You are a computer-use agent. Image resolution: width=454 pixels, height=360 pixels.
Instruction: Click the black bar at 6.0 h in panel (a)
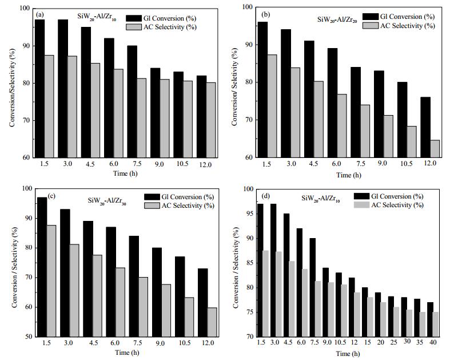pos(109,98)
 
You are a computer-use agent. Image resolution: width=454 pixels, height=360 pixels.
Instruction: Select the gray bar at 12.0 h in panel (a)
pos(211,120)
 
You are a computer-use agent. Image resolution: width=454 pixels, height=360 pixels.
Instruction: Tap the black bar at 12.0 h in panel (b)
pos(425,127)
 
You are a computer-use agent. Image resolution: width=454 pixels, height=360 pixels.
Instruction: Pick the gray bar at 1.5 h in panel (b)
pos(272,106)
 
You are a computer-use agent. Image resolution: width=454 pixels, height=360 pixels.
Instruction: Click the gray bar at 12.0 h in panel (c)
pos(212,322)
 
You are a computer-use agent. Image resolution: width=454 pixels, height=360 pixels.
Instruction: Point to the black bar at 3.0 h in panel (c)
pos(65,273)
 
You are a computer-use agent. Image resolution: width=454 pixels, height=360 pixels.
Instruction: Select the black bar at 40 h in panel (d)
pos(430,319)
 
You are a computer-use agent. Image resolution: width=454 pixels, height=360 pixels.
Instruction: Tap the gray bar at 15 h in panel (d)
pos(370,317)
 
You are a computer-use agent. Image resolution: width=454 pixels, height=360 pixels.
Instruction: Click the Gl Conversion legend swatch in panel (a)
pos(134,18)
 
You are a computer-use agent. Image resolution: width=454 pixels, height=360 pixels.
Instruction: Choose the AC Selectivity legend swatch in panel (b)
pos(371,26)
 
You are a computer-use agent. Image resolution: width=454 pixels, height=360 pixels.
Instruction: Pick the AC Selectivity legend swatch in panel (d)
pos(361,205)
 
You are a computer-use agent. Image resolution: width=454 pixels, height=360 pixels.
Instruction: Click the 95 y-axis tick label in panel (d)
pos(249,213)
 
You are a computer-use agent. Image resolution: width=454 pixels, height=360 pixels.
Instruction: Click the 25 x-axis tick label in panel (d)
pos(393,343)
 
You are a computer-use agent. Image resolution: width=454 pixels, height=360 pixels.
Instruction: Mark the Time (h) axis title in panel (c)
pos(127,353)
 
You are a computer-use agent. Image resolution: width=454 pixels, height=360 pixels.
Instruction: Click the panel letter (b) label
pos(265,14)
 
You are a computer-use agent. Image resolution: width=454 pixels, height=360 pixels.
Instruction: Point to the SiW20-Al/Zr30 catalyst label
pos(107,200)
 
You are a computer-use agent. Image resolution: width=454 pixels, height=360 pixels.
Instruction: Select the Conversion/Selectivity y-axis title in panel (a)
pos(12,88)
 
